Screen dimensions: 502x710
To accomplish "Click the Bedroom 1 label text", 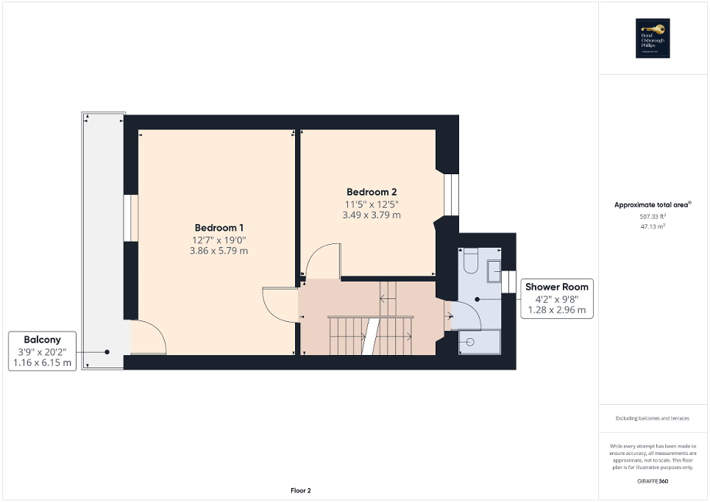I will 219,227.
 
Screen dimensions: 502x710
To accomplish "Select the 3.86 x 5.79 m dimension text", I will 219,251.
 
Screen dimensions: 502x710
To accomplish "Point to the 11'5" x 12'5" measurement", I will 372,204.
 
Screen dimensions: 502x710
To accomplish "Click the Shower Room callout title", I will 555,287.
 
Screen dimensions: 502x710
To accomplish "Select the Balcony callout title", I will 42,340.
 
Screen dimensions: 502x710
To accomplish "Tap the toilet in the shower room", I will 470,260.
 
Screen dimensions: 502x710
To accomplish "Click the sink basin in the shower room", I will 493,270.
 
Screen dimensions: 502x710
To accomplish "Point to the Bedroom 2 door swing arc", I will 322,261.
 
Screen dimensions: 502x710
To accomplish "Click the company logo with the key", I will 653,37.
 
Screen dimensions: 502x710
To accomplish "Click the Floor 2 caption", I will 299,490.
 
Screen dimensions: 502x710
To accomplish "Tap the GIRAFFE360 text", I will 653,481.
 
